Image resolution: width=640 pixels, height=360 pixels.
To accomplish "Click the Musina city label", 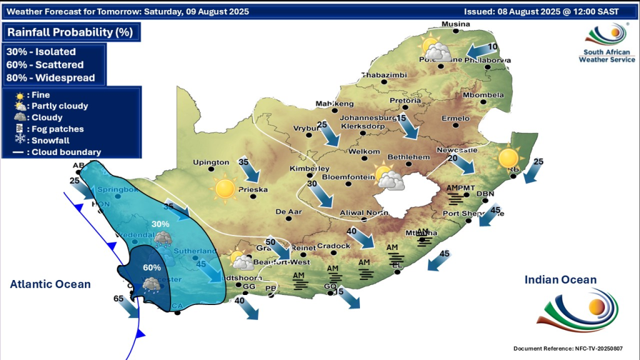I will click(455, 24).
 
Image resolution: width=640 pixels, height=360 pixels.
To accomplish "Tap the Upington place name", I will click(211, 162).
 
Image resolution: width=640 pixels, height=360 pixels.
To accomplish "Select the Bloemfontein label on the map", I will click(346, 177).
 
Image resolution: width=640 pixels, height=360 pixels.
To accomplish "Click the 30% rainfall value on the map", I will click(161, 224).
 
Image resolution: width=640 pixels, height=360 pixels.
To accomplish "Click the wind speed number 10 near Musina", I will click(492, 47).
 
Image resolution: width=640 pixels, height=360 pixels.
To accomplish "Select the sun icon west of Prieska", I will click(224, 188).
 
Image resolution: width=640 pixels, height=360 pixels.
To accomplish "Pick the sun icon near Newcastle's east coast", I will click(509, 158).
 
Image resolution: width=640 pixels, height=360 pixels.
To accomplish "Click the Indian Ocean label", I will click(561, 280).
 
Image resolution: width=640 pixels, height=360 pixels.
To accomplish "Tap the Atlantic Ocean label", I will click(50, 284).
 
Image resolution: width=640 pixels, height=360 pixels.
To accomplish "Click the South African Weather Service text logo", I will click(607, 56).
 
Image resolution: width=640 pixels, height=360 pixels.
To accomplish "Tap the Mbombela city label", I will click(482, 95).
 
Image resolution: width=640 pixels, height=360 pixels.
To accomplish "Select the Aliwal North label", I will click(364, 213).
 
